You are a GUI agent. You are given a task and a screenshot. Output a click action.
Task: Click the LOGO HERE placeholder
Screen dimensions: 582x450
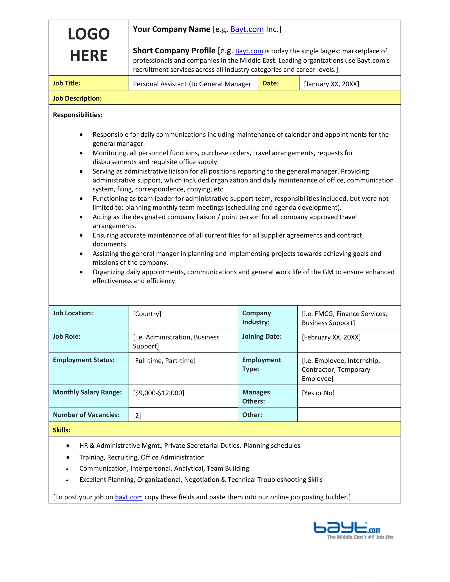[89, 45]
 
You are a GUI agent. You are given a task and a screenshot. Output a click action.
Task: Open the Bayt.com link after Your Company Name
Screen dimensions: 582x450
[247, 29]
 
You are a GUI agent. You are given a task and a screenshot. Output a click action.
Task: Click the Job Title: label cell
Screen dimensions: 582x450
[67, 83]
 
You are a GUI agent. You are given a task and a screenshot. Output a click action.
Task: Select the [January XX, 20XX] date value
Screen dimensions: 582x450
[331, 84]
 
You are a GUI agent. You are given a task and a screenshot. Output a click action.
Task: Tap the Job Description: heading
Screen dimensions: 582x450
[77, 98]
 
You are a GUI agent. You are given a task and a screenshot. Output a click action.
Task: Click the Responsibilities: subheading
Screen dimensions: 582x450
[78, 115]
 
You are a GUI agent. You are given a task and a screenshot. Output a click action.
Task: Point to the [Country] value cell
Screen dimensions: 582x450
[147, 314]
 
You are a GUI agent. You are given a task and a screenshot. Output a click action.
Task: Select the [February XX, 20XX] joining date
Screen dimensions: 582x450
[331, 337]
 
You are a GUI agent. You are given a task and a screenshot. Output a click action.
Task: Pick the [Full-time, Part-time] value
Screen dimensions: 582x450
[164, 361]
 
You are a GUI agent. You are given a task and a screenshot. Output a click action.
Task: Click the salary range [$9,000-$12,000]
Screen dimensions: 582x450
[159, 393]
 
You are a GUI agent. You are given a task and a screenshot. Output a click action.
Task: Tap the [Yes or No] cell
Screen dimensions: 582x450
[318, 393]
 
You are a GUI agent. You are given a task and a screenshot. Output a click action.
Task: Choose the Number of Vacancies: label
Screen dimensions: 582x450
[86, 415]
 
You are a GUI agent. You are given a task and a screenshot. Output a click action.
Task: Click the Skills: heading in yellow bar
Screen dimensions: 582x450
[62, 430]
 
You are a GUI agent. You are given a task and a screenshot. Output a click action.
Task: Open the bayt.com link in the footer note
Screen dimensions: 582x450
[129, 497]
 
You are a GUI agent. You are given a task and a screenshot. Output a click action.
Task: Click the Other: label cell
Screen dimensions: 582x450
[252, 415]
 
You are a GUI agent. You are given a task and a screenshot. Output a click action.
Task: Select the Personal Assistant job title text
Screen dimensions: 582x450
[192, 84]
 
